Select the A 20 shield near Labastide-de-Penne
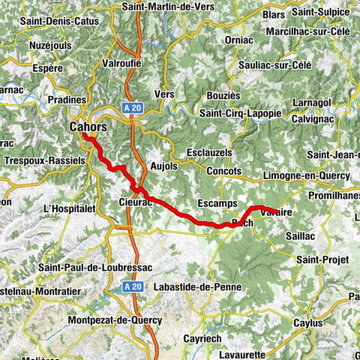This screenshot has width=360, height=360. pos(133,286)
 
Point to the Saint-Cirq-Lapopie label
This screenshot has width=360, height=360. pos(239,113)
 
